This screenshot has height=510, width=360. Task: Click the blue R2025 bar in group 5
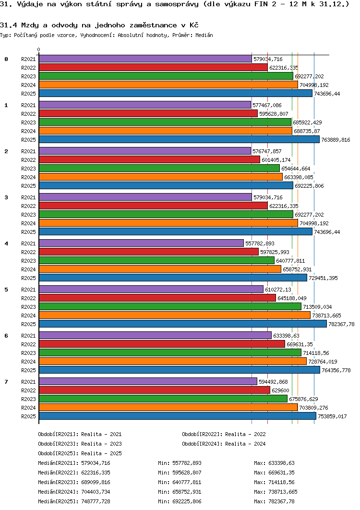[x=182, y=324]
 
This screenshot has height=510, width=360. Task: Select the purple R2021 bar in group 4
[x=141, y=243]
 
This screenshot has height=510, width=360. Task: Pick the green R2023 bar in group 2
[x=159, y=169]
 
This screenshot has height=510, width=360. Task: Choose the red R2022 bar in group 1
[x=148, y=114]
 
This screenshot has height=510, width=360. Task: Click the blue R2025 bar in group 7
[x=177, y=416]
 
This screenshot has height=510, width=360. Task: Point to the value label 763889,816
[x=336, y=140]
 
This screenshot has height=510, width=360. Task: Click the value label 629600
[x=280, y=390]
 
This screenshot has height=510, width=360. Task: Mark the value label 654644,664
[x=296, y=169]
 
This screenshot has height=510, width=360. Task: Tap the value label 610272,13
[x=278, y=290]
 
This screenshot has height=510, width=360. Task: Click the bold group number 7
[x=6, y=382]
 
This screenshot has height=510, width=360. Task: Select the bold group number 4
[x=6, y=243]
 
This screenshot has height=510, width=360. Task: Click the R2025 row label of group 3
[x=28, y=232]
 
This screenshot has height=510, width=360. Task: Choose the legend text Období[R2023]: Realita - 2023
[x=80, y=444]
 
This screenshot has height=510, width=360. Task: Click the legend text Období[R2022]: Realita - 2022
[x=224, y=434]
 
